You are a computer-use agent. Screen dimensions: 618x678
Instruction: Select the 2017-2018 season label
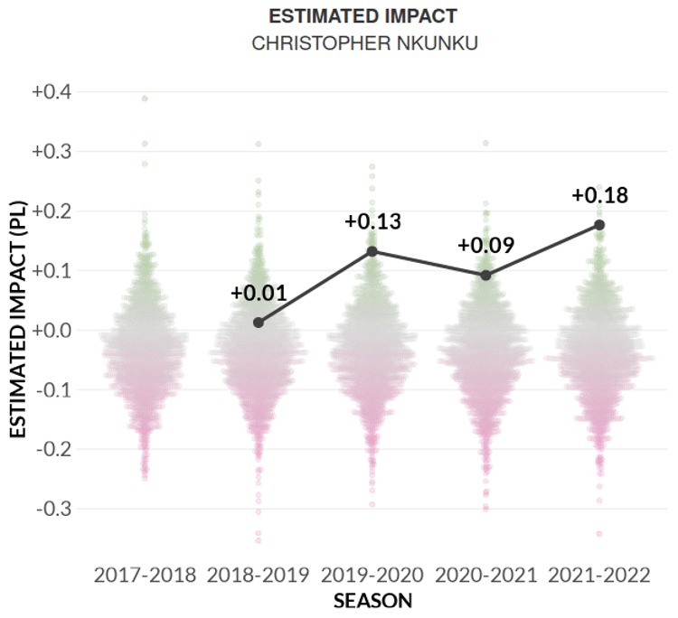(x=145, y=576)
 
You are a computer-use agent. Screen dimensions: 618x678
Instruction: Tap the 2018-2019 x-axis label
(x=259, y=576)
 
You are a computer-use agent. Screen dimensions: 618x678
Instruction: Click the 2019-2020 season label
(x=372, y=576)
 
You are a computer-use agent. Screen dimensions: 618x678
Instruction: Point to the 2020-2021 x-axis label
(x=486, y=576)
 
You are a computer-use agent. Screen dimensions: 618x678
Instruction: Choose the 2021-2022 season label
(x=599, y=576)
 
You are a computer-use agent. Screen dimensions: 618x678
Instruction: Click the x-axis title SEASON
(x=372, y=601)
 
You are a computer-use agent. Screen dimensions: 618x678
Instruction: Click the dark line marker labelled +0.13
(x=372, y=251)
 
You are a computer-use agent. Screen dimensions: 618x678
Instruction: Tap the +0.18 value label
(x=599, y=195)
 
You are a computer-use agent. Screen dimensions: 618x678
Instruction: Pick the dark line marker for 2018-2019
(x=259, y=323)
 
